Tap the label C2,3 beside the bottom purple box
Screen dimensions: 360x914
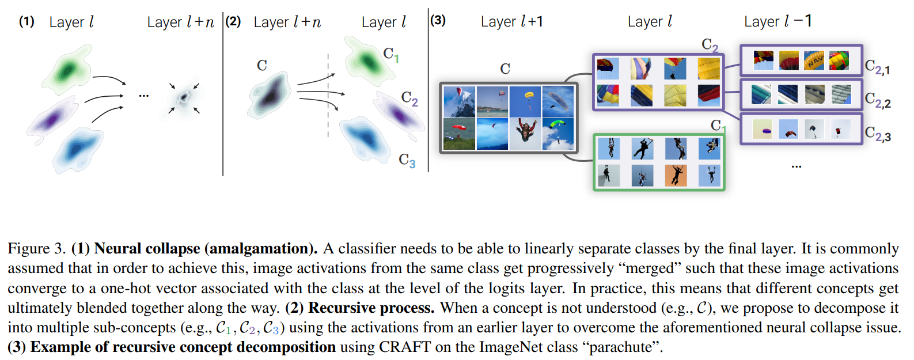(x=878, y=134)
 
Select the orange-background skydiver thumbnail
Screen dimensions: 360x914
(x=676, y=175)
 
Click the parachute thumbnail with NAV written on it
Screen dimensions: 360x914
(x=814, y=60)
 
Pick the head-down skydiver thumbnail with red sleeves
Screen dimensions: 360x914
(x=525, y=133)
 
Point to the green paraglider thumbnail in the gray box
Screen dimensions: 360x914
(x=557, y=133)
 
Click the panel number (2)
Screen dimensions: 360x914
(x=233, y=21)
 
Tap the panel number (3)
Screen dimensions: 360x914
(x=438, y=20)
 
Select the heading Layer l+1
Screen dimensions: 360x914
(x=511, y=22)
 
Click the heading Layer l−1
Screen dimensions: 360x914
(x=778, y=22)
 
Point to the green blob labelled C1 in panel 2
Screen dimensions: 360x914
(x=366, y=59)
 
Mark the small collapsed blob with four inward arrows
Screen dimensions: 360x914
(x=184, y=97)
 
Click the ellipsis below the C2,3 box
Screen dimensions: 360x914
(x=796, y=166)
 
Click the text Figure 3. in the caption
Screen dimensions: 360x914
(x=36, y=249)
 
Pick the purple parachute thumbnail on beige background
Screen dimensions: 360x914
(x=763, y=130)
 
